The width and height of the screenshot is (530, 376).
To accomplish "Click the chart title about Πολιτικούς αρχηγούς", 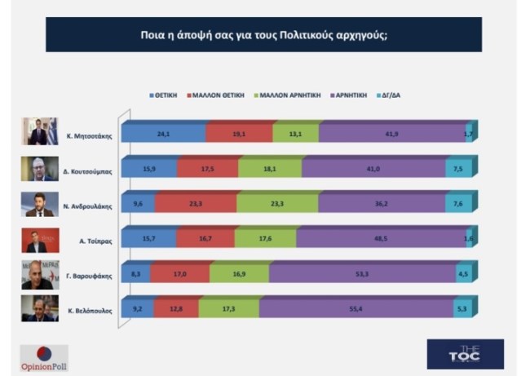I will tap(263, 36).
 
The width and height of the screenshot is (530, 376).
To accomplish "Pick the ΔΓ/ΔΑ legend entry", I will tap(388, 95).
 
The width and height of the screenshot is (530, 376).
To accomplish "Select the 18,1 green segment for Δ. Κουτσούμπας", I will tap(270, 169).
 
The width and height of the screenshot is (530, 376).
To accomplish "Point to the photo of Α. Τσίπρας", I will tap(40, 240).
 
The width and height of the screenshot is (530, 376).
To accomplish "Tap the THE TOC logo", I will tap(465, 354).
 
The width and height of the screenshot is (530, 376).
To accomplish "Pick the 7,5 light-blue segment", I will tap(457, 169).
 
